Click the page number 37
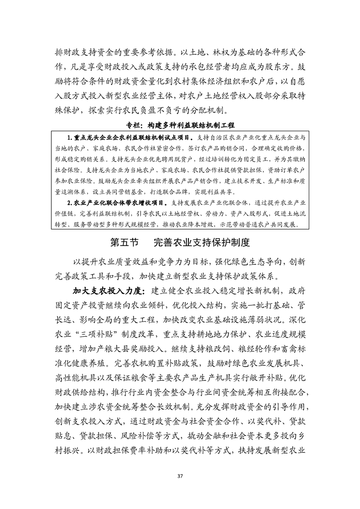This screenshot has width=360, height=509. click(x=180, y=476)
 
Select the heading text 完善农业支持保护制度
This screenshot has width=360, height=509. click(x=202, y=242)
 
